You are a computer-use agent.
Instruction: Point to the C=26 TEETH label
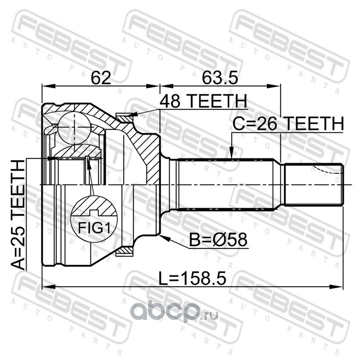[288, 123]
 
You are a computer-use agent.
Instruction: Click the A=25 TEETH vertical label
[18, 215]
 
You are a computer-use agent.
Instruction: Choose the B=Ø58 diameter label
[218, 239]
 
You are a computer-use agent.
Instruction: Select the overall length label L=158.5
[193, 278]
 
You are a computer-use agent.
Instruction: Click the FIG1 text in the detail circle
[94, 228]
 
